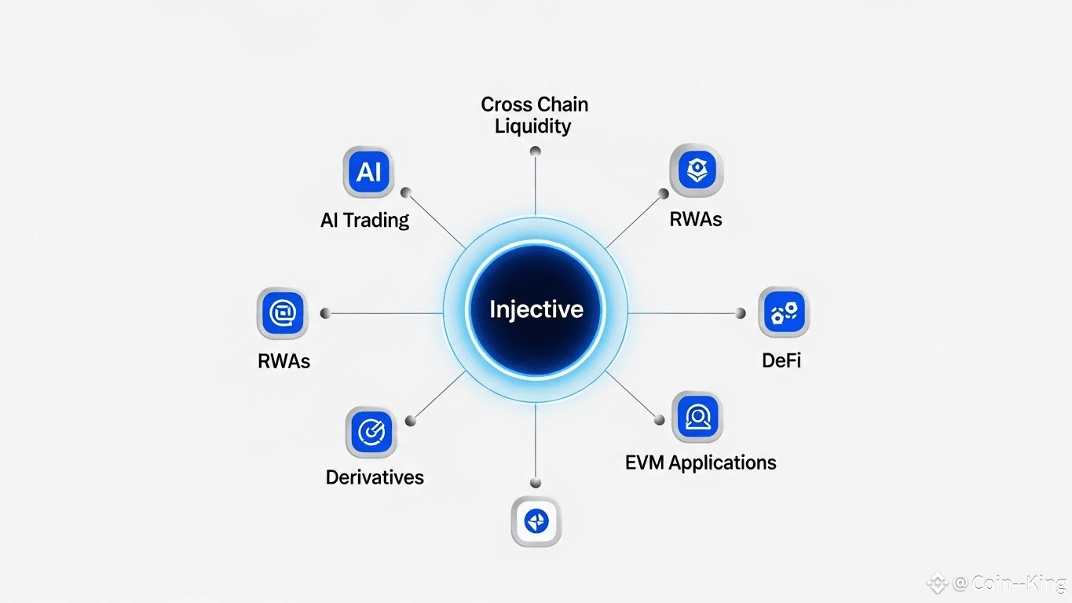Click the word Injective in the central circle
[536, 309]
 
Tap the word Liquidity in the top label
[532, 126]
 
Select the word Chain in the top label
[562, 104]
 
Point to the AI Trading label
[364, 220]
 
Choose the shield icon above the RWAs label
[696, 170]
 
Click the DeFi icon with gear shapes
[784, 312]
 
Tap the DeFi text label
[781, 361]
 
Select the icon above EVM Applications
[697, 417]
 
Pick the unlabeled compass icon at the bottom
[536, 521]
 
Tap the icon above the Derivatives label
[371, 432]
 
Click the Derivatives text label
[375, 477]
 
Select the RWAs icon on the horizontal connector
[282, 313]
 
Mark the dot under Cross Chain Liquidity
[535, 151]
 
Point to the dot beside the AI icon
[406, 192]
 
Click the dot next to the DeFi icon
[740, 313]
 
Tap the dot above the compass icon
[536, 483]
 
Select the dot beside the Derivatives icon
[410, 421]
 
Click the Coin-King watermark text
[1008, 583]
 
